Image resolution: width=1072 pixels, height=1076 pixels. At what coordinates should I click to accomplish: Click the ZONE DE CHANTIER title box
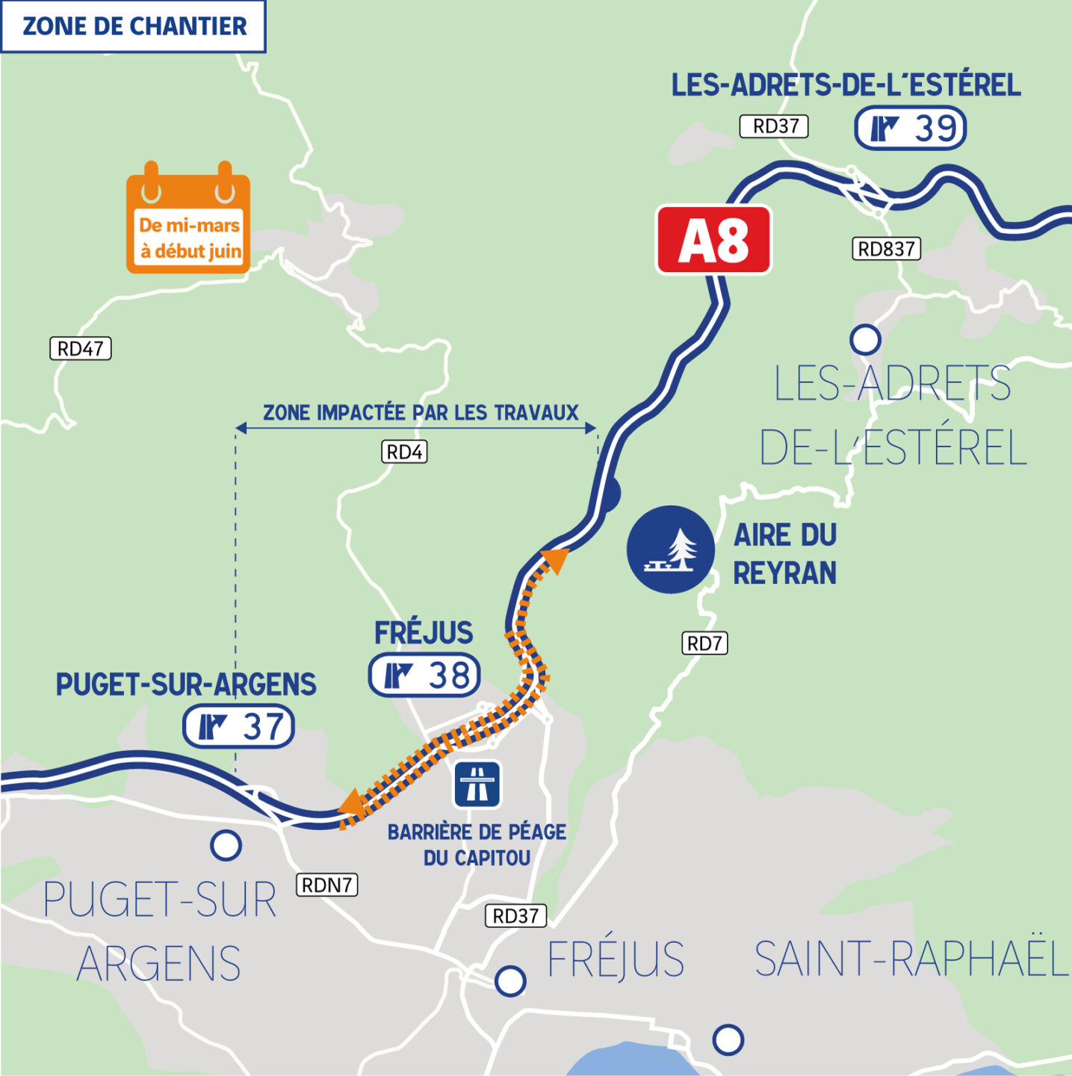click(x=134, y=26)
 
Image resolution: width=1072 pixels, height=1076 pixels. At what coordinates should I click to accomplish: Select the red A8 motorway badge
click(x=713, y=240)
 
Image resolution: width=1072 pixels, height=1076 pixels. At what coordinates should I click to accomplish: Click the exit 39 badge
click(x=910, y=129)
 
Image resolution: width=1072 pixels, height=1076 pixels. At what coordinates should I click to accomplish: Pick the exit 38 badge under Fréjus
click(x=424, y=675)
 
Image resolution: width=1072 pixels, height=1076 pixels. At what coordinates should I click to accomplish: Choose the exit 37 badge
click(x=239, y=726)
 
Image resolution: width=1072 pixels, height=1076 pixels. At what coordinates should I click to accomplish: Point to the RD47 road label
click(x=81, y=348)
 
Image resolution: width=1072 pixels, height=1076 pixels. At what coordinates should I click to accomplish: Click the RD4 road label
click(x=404, y=452)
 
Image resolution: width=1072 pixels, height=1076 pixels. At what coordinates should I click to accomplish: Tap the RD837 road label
click(x=886, y=249)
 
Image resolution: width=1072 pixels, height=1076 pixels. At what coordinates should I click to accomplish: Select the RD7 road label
click(x=704, y=643)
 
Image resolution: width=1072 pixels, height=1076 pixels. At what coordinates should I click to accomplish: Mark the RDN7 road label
click(x=327, y=885)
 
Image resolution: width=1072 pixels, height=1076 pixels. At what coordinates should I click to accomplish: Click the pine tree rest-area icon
click(x=670, y=550)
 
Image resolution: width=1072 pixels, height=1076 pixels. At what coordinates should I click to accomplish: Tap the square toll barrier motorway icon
click(x=477, y=785)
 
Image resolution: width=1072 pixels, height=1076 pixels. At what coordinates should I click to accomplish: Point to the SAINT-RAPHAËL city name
click(x=911, y=959)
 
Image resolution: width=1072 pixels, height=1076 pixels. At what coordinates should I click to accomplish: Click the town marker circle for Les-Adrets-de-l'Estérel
click(x=865, y=340)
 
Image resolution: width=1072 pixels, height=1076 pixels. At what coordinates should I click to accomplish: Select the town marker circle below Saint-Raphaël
click(x=728, y=1039)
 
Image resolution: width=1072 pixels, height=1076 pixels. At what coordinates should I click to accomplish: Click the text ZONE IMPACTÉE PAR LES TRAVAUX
click(x=421, y=412)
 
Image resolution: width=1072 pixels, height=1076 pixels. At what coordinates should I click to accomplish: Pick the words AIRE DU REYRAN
click(x=784, y=554)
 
